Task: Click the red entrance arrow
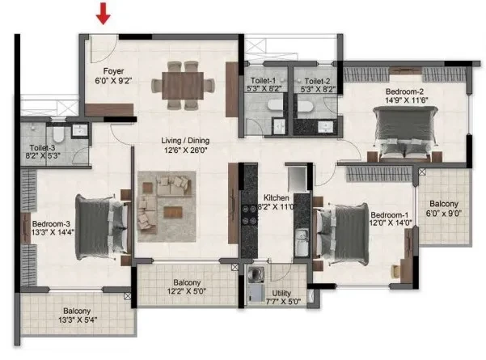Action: point(103,14)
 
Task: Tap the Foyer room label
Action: point(113,71)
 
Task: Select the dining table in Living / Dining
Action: point(183,85)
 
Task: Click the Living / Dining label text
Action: point(185,141)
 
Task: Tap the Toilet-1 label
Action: point(263,81)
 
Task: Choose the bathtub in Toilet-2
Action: point(311,106)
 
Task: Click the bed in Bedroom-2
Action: point(405,133)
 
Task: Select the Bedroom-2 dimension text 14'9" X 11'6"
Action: point(406,100)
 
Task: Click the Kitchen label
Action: point(277,197)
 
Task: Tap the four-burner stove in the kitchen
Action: point(249,214)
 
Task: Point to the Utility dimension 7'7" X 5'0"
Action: point(283,301)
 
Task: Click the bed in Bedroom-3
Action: point(102,227)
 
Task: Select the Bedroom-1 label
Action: point(389,215)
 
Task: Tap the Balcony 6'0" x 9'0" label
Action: point(444,209)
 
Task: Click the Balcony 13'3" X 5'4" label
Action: point(77,315)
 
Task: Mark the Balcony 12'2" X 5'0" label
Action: point(187,287)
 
